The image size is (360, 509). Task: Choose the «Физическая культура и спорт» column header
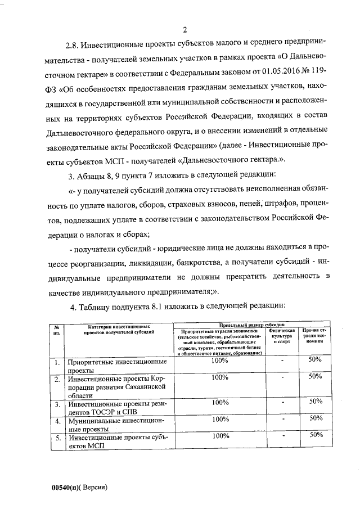(x=282, y=337)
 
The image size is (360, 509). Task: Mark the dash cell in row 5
(x=283, y=435)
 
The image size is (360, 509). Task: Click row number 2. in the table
(x=57, y=379)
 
